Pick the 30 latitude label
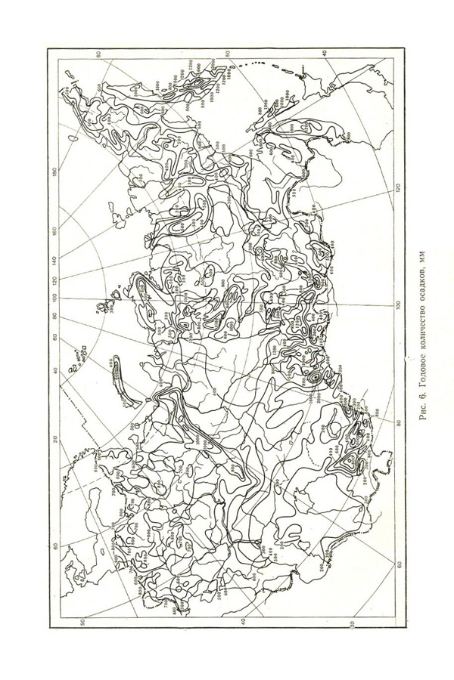pyautogui.click(x=353, y=624)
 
